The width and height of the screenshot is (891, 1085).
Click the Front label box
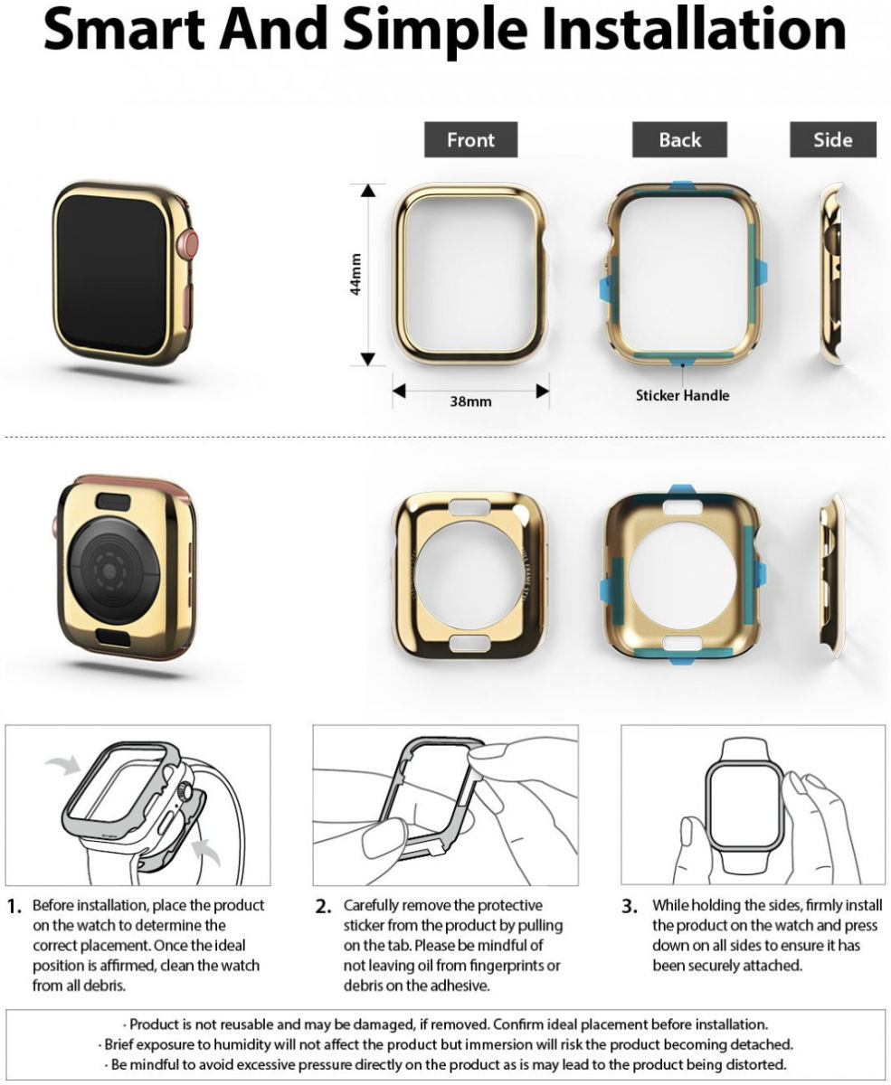point(470,139)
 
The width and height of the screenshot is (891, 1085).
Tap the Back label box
point(679,139)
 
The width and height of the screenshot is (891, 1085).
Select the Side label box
point(833,139)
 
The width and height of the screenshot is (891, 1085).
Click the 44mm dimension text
point(355,274)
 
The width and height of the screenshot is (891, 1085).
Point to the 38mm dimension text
point(470,401)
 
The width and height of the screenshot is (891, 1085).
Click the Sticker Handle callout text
point(683,395)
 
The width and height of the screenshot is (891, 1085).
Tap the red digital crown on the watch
point(189,244)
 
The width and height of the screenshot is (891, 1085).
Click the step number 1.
point(14,907)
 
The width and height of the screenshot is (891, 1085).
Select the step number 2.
point(323,907)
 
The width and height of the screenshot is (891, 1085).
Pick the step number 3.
point(630,907)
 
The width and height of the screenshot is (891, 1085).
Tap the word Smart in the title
point(124,30)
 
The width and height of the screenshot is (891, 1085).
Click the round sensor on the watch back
point(110,571)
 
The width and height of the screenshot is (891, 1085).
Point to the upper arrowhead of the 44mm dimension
point(367,191)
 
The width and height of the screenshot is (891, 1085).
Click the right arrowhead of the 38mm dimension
point(543,391)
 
